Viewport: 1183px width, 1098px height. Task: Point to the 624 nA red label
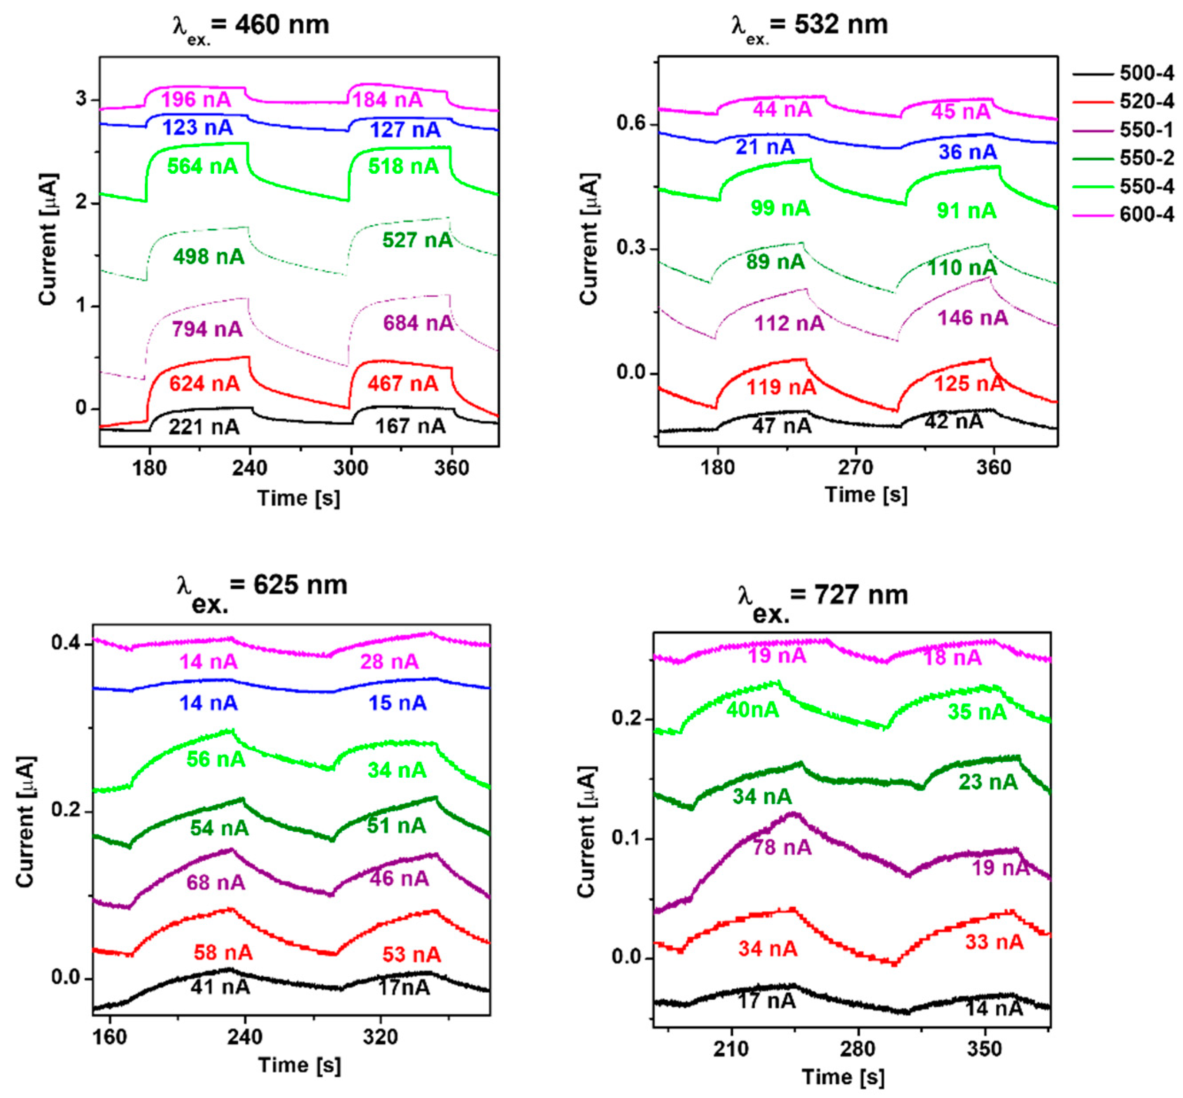click(x=204, y=384)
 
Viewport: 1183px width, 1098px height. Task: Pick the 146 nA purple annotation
click(x=973, y=318)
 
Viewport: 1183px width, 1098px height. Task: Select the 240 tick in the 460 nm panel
click(x=250, y=468)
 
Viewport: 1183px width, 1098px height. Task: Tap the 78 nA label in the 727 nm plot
click(x=782, y=847)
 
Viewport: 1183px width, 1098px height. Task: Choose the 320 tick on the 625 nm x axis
click(x=380, y=1037)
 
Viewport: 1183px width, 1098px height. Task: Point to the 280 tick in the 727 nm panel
click(x=857, y=1049)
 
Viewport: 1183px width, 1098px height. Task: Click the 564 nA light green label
click(x=202, y=166)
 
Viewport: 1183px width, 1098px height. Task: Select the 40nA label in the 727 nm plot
click(x=752, y=710)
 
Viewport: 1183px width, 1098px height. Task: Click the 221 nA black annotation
click(x=204, y=426)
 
